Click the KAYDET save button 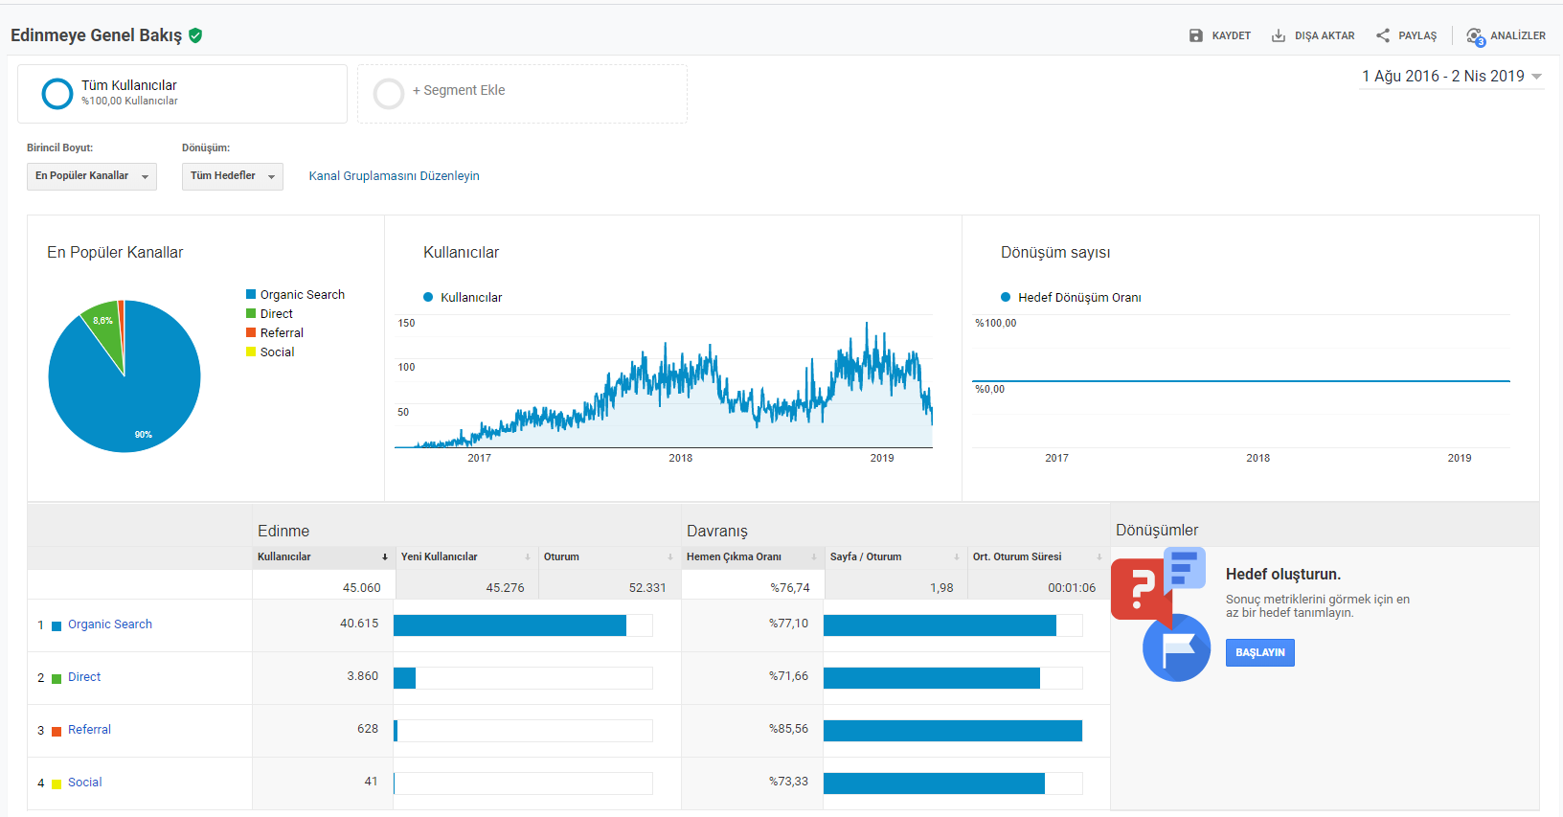click(x=1220, y=35)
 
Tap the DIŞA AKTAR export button click(x=1313, y=35)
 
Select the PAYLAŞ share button click(x=1406, y=35)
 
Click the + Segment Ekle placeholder click(x=522, y=94)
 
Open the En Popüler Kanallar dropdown click(x=91, y=176)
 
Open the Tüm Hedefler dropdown click(x=233, y=176)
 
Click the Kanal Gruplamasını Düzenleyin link click(x=395, y=176)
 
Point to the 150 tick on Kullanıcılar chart click(x=406, y=323)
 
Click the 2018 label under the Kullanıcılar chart click(x=680, y=458)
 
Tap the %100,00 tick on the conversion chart click(x=996, y=323)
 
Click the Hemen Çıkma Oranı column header click(x=734, y=556)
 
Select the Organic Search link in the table click(x=109, y=624)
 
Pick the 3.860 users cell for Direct click(x=362, y=676)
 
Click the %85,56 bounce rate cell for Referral click(x=788, y=728)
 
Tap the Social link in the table click(x=84, y=783)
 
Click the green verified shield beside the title click(x=196, y=35)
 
